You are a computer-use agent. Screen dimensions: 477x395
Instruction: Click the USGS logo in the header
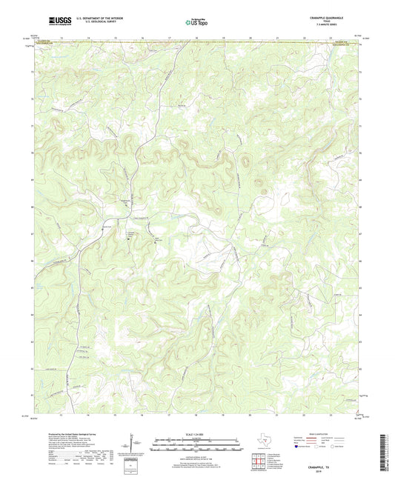coord(56,21)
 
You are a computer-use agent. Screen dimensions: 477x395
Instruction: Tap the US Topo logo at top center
coord(196,22)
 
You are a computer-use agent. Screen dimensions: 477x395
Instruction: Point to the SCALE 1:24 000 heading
coord(196,435)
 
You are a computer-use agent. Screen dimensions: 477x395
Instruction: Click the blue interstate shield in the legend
coord(299,447)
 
